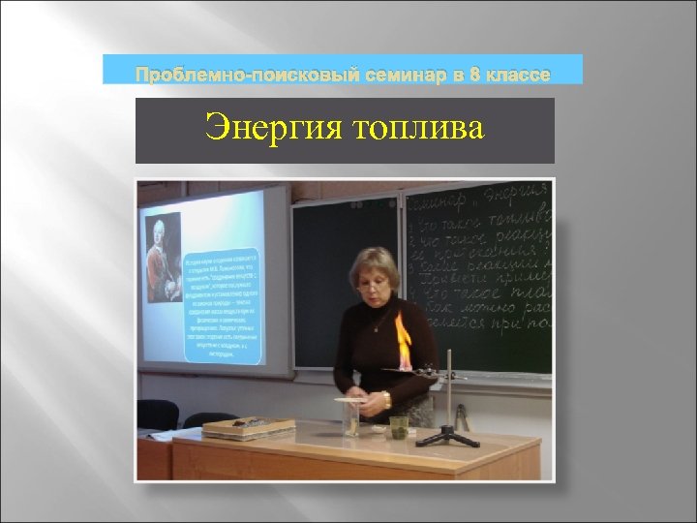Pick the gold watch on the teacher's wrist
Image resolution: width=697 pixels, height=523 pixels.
[x=386, y=399]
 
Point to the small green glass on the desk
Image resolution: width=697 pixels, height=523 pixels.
[x=398, y=426]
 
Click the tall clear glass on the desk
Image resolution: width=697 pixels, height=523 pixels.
[x=349, y=418]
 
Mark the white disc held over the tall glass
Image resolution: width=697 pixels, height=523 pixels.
[x=347, y=398]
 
